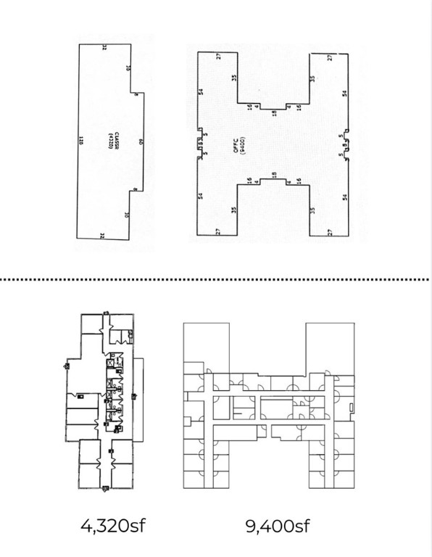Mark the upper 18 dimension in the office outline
[x=273, y=112]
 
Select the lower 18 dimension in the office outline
[x=273, y=175]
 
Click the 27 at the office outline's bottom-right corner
[x=330, y=231]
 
